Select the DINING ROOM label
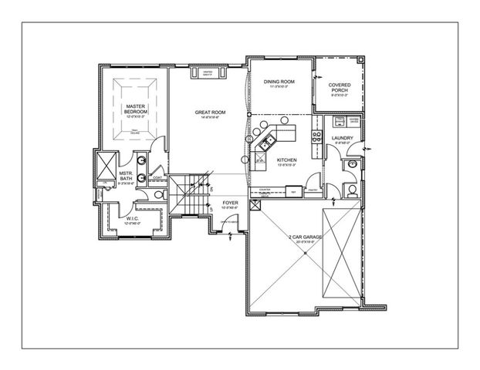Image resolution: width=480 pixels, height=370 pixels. click(x=279, y=83)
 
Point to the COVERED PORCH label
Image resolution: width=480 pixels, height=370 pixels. click(x=339, y=88)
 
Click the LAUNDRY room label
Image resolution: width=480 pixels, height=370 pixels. click(x=342, y=140)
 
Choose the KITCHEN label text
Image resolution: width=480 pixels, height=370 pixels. click(x=287, y=160)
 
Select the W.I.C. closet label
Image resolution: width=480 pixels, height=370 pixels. click(x=132, y=218)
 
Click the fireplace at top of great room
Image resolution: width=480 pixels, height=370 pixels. click(x=208, y=74)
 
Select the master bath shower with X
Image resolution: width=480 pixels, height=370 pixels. click(x=103, y=166)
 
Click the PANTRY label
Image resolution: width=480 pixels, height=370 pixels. click(x=313, y=189)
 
